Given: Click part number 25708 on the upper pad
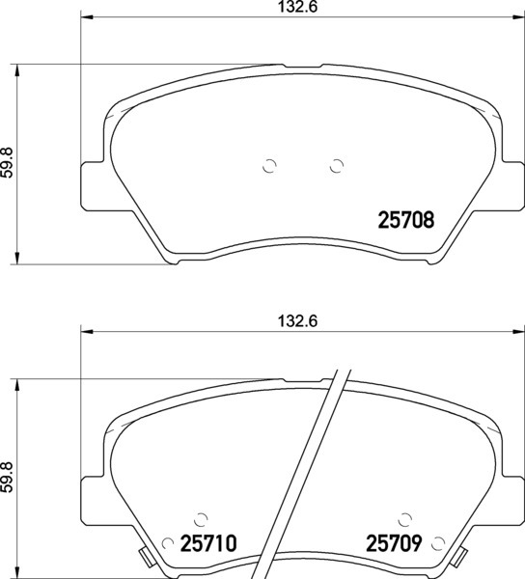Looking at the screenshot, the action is coord(406,220).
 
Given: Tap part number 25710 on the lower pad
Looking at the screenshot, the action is coord(208,543).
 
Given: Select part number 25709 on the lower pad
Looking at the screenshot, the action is coord(394,543).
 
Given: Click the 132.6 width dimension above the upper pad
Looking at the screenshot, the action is coord(297,7).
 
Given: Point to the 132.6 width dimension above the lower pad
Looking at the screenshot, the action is coord(297,321).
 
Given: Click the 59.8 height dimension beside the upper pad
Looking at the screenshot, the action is coord(8,162).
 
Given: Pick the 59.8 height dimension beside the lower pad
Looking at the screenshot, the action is coord(8,477).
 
